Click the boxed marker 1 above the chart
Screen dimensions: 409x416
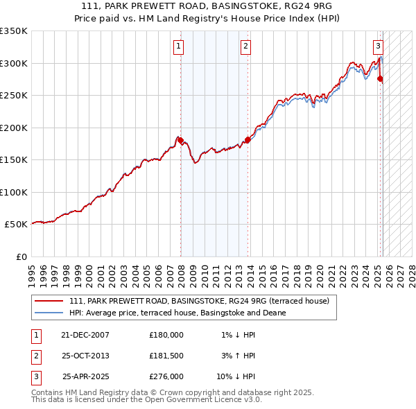179,46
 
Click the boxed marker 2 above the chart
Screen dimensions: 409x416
246,46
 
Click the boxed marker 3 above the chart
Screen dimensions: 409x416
378,46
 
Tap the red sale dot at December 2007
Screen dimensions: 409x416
181,141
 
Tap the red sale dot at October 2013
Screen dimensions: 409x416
248,140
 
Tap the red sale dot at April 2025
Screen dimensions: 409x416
381,79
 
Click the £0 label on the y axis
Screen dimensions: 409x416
21,256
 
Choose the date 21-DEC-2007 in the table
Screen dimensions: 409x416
85,335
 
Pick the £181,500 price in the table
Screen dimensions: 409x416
166,356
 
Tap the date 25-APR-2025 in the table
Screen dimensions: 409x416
85,378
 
